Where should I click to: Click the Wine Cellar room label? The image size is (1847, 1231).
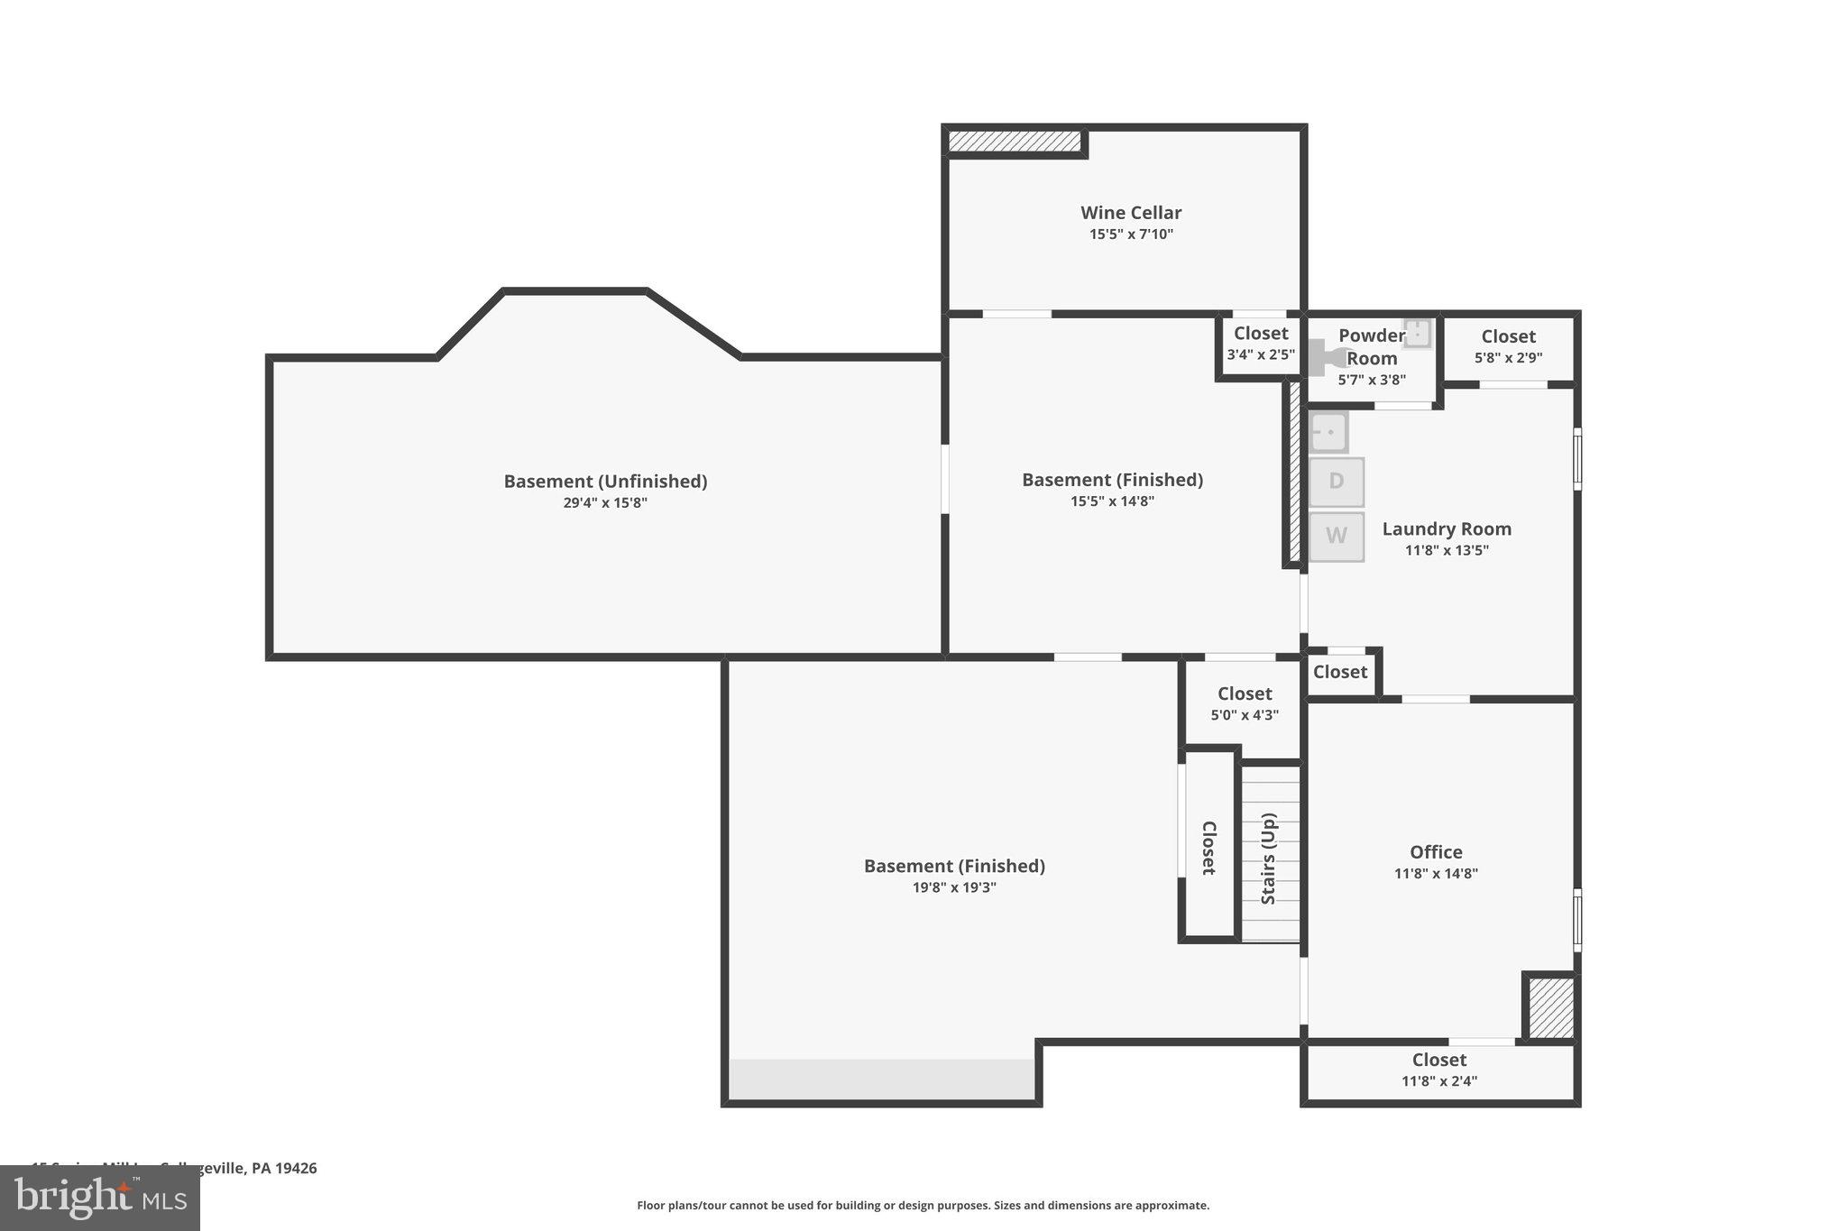coord(1130,213)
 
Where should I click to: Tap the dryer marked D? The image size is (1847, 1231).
coord(1336,482)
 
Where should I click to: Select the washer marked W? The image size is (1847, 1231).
coord(1336,537)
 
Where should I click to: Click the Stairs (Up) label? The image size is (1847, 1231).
coord(1269,859)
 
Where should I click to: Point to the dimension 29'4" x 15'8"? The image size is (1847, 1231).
coord(604,503)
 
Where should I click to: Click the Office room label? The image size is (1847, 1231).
coord(1436,852)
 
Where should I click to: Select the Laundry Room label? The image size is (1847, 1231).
coord(1446,529)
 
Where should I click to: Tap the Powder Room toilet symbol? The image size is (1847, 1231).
coord(1324,357)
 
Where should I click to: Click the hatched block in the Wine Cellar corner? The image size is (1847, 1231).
coord(1014,142)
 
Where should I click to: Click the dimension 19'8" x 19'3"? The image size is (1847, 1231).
coord(954,887)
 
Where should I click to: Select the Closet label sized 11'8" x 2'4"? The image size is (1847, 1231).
coord(1438,1060)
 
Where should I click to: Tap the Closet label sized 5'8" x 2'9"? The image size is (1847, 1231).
coord(1508,336)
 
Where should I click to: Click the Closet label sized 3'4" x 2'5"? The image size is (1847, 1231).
coord(1260,334)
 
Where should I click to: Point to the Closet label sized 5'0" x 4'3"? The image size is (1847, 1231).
coord(1244,694)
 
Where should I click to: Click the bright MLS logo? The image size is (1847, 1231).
coord(99,1198)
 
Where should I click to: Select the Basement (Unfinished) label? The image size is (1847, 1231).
coord(604,482)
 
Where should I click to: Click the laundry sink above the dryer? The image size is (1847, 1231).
coord(1328,432)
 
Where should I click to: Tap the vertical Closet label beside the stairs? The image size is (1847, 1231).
coord(1208,848)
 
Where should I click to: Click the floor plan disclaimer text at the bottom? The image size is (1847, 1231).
coord(923,1206)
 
